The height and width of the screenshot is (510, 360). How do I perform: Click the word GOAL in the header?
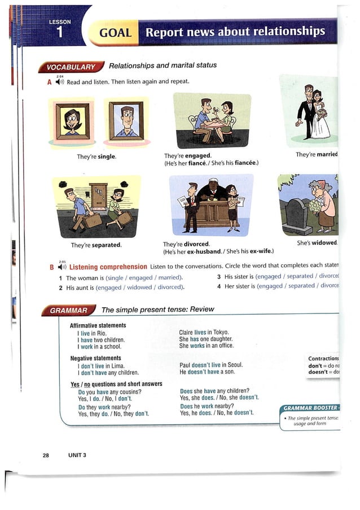(x=115, y=33)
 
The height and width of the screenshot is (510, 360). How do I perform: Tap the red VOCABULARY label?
(x=71, y=68)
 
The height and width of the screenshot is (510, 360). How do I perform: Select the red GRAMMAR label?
(x=68, y=310)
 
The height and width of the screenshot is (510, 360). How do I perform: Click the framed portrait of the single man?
(x=126, y=120)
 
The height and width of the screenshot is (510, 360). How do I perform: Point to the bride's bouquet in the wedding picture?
(x=323, y=112)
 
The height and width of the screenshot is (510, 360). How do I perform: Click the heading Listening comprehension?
(x=108, y=267)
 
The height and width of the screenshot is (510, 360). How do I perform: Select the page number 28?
(x=45, y=455)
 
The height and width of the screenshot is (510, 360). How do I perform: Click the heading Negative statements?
(x=95, y=358)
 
